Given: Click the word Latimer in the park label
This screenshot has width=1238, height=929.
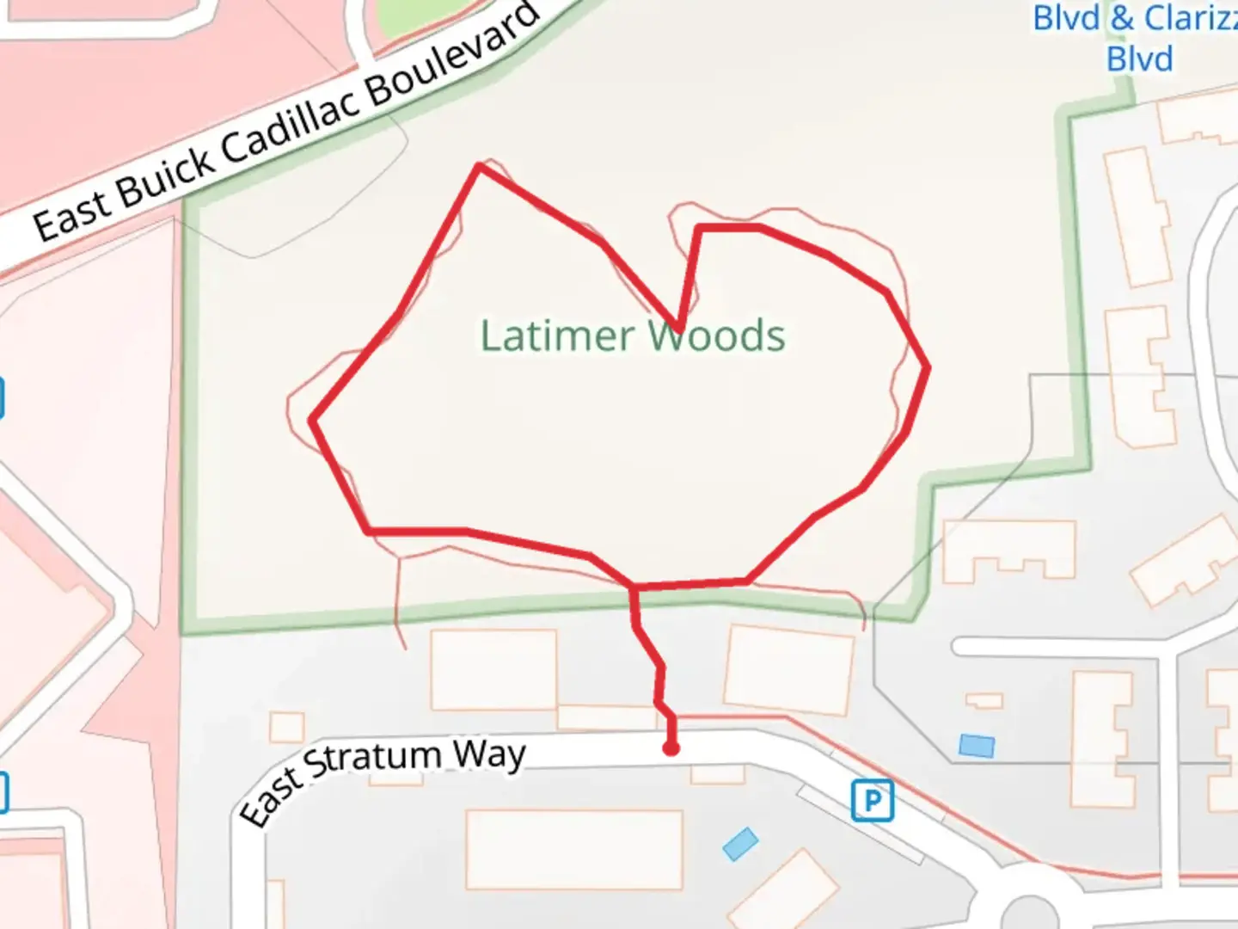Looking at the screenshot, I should coord(557,335).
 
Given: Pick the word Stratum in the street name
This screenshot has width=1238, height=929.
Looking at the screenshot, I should coord(374,760).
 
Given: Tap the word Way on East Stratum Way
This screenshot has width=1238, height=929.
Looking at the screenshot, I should coord(489,755).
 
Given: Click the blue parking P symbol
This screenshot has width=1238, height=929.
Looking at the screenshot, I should coord(872,802).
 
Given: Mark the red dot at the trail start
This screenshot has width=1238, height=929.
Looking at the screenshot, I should coord(671,748).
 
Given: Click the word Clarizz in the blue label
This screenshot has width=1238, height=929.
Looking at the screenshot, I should coord(1191,17).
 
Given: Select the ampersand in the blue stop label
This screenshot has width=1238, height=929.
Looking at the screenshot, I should coord(1122,17).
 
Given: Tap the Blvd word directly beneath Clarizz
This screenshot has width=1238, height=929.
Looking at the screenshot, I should coord(1139,59).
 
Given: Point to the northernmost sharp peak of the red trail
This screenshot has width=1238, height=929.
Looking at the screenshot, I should coord(480,166).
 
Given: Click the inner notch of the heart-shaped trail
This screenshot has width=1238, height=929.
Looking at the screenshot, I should coord(679,329).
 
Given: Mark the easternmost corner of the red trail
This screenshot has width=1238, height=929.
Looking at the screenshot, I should coord(928,367).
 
